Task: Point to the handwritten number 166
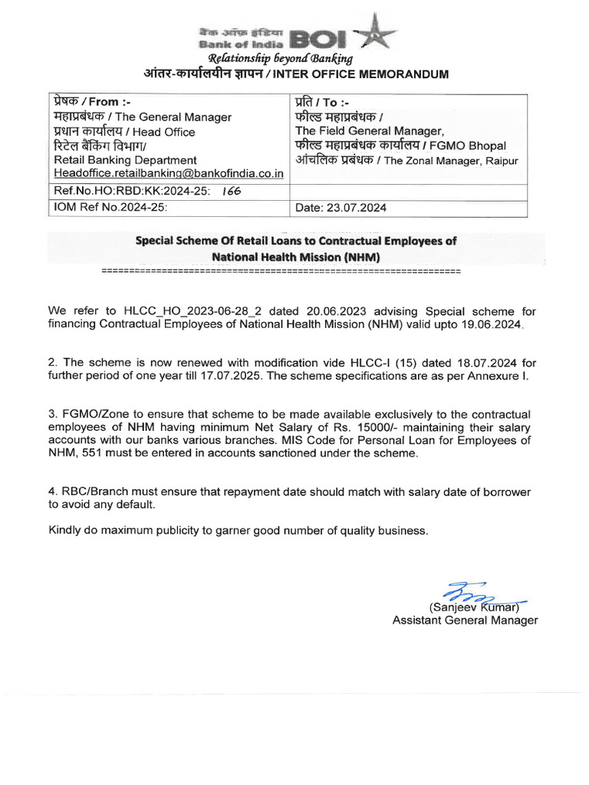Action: coord(231,191)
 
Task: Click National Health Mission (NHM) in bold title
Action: coord(296,257)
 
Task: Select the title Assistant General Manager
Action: coord(465,620)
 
